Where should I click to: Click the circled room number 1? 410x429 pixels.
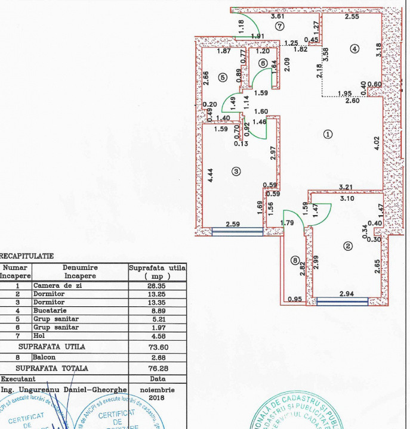(327, 134)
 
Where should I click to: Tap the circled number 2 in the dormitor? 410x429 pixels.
(347, 245)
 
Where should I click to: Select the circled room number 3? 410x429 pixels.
(236, 172)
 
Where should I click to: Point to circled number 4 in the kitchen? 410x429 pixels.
(354, 49)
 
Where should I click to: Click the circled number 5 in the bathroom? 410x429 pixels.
(223, 77)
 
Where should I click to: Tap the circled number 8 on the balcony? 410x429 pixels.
(295, 260)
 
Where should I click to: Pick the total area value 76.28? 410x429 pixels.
(158, 368)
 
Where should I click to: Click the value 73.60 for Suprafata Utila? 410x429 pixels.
(158, 346)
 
